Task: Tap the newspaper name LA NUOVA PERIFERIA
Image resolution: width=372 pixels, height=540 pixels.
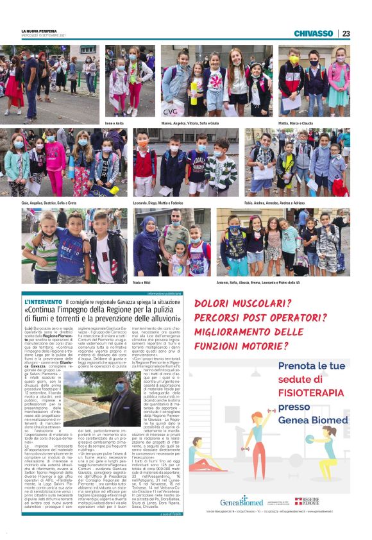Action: click(40, 30)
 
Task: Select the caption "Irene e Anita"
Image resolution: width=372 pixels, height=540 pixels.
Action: click(114, 122)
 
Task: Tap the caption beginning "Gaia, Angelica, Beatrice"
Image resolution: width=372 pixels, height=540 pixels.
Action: click(49, 202)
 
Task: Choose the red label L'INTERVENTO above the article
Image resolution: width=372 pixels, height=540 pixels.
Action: click(42, 301)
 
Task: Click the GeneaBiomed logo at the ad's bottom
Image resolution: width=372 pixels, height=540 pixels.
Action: click(241, 502)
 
